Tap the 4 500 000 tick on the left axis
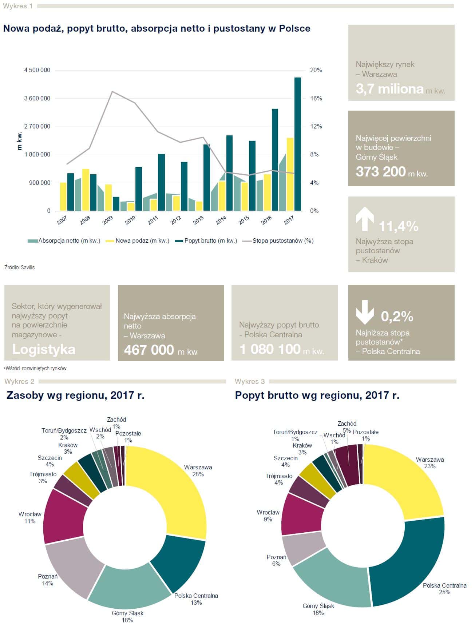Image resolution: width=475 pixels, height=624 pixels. point(37,70)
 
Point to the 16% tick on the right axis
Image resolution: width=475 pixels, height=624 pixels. point(316,98)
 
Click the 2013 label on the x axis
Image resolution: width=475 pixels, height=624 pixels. point(198,220)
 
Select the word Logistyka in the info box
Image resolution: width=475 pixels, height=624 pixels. point(44,349)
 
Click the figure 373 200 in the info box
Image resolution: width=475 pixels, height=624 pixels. point(381,171)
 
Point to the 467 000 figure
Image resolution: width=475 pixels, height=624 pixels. point(149,350)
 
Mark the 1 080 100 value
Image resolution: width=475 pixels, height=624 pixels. point(270,349)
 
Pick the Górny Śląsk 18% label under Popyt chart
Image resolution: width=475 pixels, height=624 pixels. point(318,609)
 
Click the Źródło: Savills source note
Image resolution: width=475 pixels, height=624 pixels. point(20,267)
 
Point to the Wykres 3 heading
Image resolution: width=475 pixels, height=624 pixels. point(250,381)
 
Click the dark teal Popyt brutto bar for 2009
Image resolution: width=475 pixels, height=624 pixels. point(116,204)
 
